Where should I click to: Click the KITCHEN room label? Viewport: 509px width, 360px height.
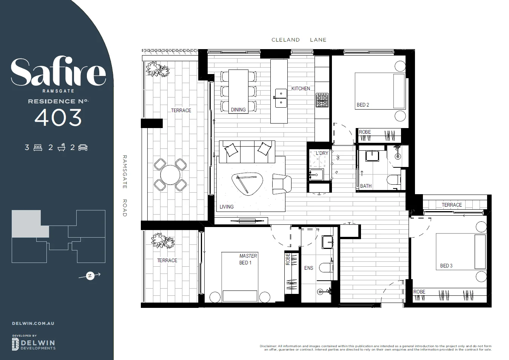(x=301, y=88)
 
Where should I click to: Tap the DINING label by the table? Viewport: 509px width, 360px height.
(x=238, y=110)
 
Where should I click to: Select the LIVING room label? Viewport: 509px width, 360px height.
(x=227, y=207)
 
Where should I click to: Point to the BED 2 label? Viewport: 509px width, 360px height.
(x=363, y=105)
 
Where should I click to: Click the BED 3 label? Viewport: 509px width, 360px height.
(x=446, y=266)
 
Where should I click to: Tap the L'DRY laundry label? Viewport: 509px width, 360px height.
(x=322, y=153)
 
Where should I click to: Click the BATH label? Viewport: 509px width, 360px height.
(x=366, y=186)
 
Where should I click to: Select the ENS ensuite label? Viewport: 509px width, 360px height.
(x=308, y=268)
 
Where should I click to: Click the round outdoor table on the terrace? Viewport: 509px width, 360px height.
(x=170, y=175)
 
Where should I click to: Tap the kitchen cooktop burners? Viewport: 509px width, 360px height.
(x=322, y=100)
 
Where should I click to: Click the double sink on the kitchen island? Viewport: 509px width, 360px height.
(x=281, y=98)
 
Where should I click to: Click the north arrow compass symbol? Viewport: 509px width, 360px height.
(x=90, y=276)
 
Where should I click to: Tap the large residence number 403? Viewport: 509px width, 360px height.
(x=58, y=118)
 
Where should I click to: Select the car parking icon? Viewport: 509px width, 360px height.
(x=83, y=147)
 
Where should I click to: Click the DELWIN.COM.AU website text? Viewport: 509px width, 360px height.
(x=33, y=323)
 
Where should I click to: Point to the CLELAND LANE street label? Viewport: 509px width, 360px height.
(x=299, y=40)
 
